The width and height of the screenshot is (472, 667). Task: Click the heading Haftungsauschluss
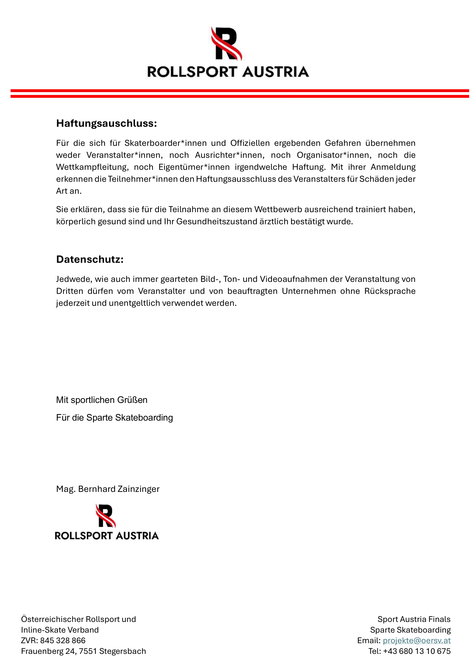coord(106,123)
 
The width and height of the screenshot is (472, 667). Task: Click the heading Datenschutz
coord(90,259)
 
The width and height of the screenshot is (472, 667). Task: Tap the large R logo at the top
coord(226,44)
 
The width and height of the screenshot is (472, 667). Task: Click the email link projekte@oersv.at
coord(416,640)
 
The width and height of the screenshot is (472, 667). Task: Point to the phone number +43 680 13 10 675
coord(416,651)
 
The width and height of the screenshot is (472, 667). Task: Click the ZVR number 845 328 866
coord(63,640)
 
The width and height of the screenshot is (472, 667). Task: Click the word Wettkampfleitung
coord(92,167)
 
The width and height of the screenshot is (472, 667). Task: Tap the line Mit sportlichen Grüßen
coord(102,400)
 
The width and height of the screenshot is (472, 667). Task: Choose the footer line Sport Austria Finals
coord(414,619)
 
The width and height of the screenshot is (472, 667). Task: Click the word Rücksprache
coord(390,291)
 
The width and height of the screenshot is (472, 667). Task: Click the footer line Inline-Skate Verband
coord(60,630)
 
